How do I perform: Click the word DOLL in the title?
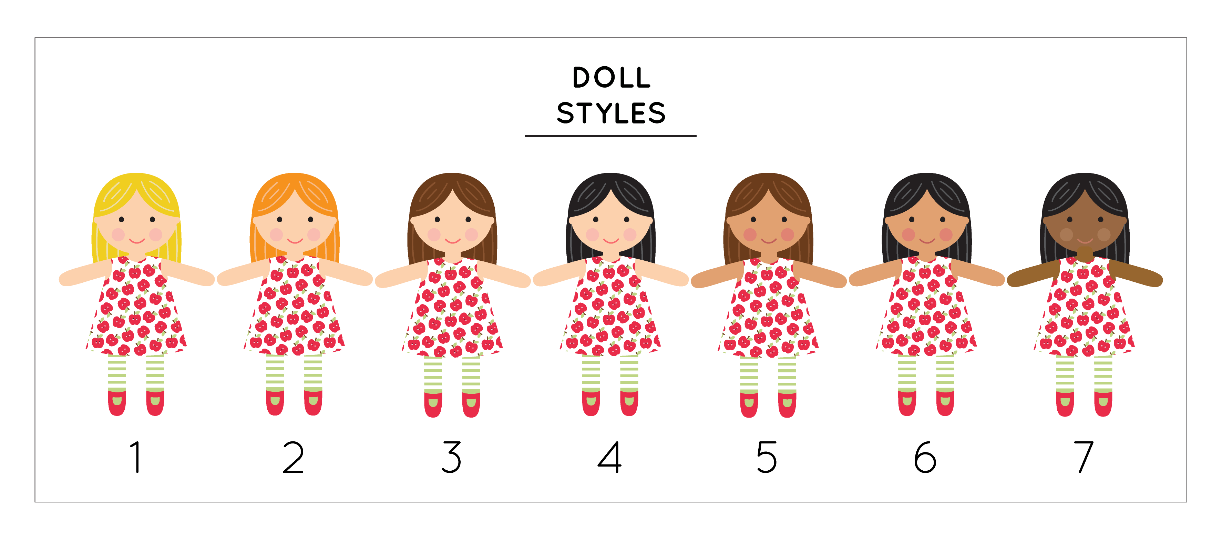coord(611,78)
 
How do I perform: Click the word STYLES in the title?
coord(611,113)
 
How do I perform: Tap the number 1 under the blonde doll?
coord(136,457)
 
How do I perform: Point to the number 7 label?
coord(1084,457)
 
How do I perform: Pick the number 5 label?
coord(767,457)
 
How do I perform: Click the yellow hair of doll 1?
coord(137,188)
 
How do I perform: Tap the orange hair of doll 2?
coord(295,188)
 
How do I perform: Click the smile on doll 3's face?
coord(453,241)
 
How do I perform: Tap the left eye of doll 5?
coord(753,219)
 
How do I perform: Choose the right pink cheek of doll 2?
coord(314,234)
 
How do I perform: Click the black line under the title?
coord(610,136)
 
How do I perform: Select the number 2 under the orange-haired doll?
coord(293,457)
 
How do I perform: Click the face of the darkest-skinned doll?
coord(1085,228)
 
